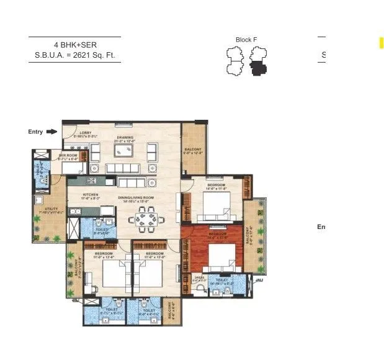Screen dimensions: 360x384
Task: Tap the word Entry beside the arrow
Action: pos(36,132)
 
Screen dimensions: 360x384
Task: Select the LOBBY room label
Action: pos(86,133)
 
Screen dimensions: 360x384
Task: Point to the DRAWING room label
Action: pos(125,138)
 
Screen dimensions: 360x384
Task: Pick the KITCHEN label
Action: pos(92,194)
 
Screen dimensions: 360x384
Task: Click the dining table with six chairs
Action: pos(148,217)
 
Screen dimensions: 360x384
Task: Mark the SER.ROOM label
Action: pos(67,156)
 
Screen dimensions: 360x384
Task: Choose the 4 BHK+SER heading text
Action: pos(74,45)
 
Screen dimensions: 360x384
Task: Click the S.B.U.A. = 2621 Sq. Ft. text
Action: pos(74,56)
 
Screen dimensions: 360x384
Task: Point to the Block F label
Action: pos(246,40)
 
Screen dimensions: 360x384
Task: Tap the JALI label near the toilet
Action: pos(259,279)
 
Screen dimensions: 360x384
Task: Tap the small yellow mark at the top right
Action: pos(382,42)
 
